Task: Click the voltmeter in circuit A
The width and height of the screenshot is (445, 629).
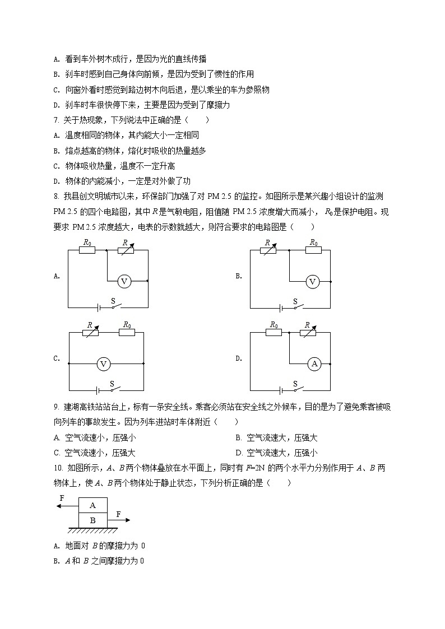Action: tap(124, 282)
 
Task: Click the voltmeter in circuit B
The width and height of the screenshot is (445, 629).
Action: tap(313, 282)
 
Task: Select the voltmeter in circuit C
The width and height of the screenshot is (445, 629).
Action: tap(103, 364)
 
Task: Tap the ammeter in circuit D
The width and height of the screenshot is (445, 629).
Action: tap(314, 364)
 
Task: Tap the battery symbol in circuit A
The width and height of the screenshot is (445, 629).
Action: tap(99, 307)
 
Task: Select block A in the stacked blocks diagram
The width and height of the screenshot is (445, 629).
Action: tap(92, 505)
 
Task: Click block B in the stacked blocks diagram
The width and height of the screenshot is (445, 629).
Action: tap(92, 520)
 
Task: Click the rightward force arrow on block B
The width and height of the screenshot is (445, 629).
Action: tap(119, 520)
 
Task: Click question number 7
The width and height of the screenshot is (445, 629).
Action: tap(55, 120)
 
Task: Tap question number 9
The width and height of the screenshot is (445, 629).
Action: tap(55, 406)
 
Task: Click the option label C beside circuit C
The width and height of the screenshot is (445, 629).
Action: tap(56, 359)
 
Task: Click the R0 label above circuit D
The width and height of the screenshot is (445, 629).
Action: tap(274, 324)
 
